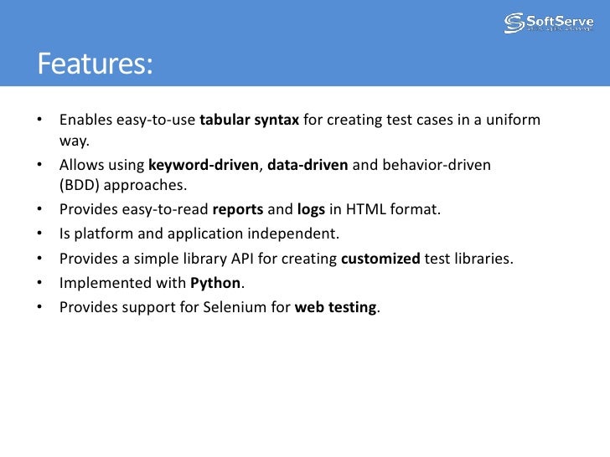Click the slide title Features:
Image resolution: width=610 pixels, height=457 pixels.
95,64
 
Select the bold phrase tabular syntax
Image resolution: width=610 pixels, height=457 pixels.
250,121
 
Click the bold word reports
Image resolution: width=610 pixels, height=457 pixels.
238,209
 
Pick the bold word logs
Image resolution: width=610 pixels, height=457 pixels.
311,209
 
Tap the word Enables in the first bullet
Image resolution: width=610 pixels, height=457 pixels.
85,121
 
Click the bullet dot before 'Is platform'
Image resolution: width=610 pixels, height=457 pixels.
40,234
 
